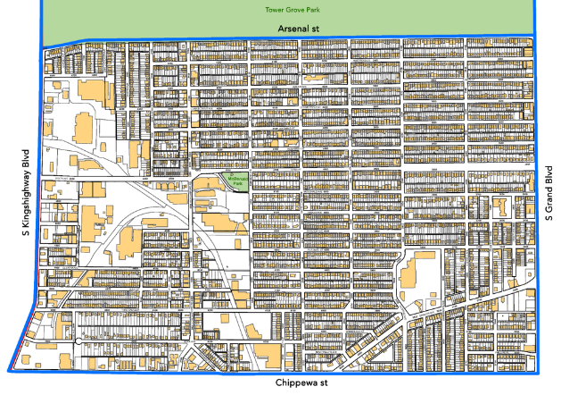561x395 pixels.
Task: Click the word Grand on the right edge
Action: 551,193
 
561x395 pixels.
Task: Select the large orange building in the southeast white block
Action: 415,269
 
